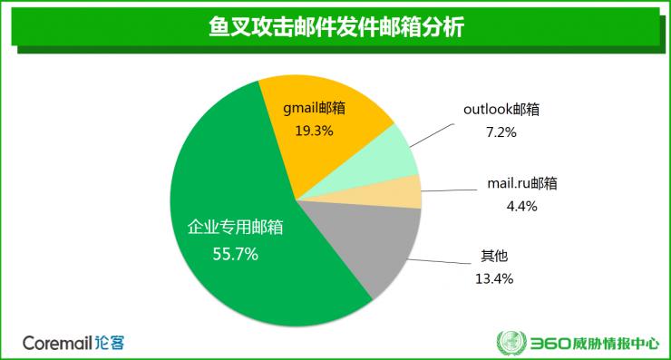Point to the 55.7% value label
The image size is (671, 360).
[x=235, y=255]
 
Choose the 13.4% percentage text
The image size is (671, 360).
[x=496, y=278]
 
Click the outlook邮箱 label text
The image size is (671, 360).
[x=501, y=109]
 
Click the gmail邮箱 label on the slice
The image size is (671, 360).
[x=315, y=107]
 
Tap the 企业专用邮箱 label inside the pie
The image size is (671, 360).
[x=235, y=228]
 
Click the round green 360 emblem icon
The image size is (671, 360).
[x=510, y=344]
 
